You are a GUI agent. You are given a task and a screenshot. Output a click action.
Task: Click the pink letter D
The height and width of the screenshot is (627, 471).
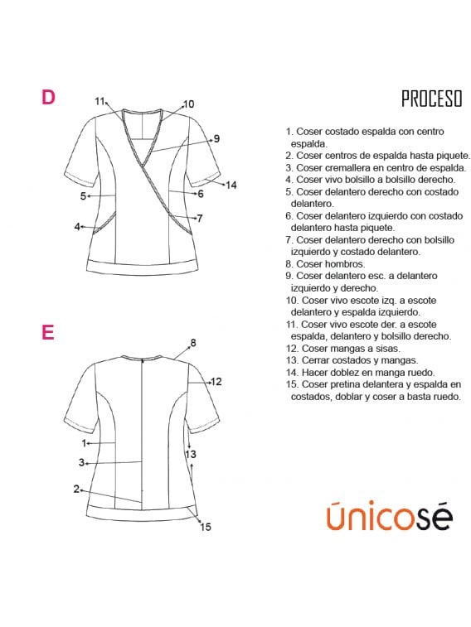click(48, 97)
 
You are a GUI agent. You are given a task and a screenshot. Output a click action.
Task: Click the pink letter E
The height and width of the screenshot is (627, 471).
click(48, 332)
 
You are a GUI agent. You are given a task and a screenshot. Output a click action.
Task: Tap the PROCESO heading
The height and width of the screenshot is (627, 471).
click(431, 99)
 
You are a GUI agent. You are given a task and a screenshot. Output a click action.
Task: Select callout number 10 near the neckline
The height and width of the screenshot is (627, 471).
click(188, 104)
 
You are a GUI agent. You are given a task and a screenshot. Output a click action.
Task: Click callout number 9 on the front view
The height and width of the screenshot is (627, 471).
click(216, 138)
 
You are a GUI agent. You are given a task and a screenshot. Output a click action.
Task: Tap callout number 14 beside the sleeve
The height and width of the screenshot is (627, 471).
click(231, 185)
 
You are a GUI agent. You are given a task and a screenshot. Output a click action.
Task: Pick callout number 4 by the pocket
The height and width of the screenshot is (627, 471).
click(77, 226)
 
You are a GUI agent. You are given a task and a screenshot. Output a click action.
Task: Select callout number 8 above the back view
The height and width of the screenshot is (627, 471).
click(192, 342)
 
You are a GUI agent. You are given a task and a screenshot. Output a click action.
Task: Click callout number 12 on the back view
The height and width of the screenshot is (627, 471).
click(216, 382)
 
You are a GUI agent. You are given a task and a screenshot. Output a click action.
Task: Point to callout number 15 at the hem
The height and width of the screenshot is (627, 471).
click(206, 526)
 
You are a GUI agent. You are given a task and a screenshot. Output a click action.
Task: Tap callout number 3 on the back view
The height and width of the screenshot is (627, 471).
click(82, 462)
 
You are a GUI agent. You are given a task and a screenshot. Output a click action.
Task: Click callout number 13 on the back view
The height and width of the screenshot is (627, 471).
click(190, 454)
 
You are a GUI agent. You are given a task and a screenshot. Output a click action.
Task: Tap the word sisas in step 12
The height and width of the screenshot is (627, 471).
click(389, 348)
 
